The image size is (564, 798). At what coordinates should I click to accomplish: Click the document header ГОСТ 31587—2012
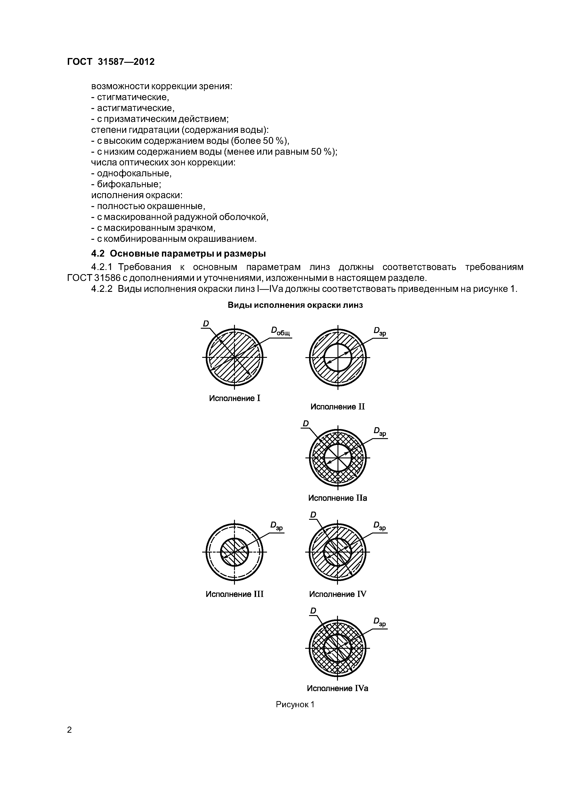pos(111,62)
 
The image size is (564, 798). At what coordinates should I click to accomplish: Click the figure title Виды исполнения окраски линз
pos(295,305)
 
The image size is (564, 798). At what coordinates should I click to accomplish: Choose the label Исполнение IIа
pos(337,498)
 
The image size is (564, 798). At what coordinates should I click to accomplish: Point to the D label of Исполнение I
pos(206,323)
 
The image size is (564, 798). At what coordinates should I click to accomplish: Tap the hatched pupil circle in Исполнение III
pos(234,552)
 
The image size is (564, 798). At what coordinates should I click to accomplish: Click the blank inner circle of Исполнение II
pos(337,357)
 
